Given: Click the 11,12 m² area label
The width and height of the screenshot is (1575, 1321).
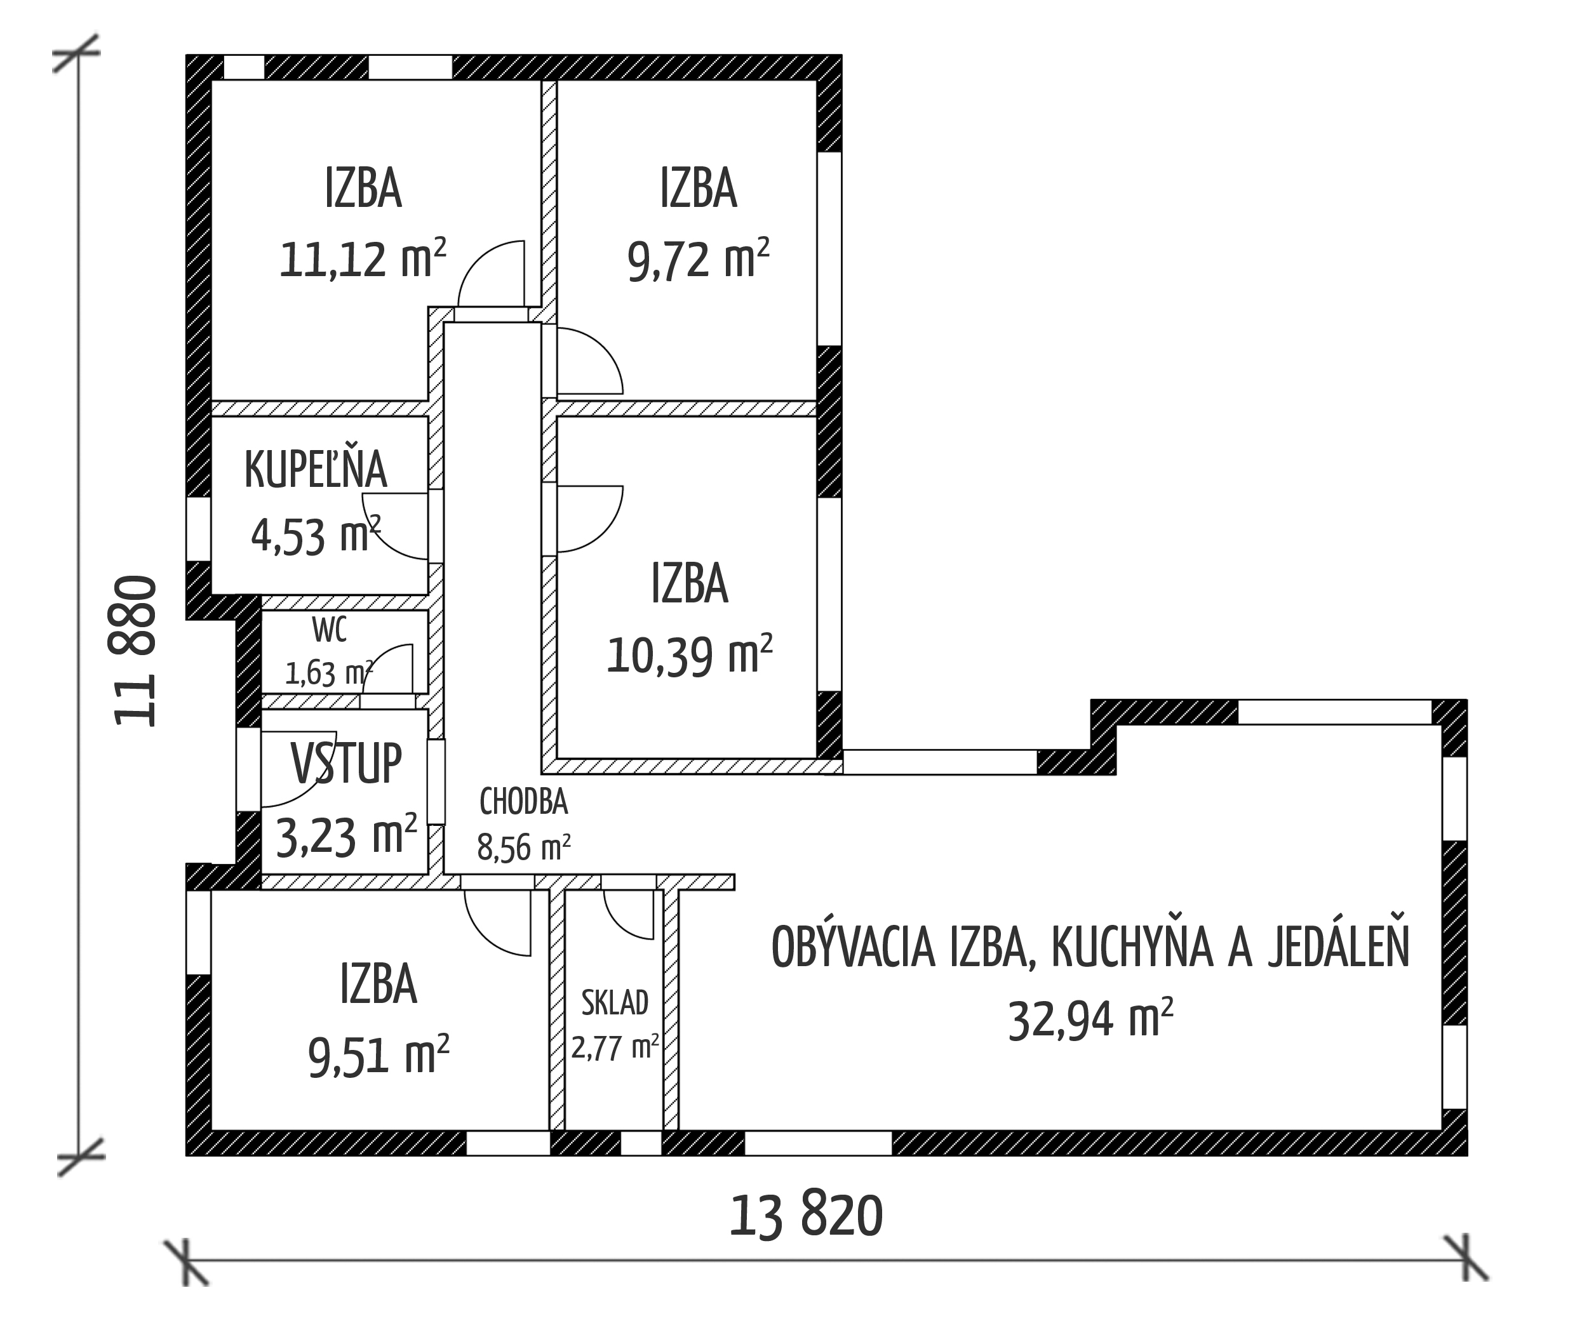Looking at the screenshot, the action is [x=363, y=258].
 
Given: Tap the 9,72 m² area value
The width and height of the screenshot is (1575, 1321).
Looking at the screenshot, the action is [x=698, y=258].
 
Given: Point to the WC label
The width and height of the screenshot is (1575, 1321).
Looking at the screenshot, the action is [x=329, y=630].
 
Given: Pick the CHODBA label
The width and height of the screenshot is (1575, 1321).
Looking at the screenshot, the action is [x=523, y=802].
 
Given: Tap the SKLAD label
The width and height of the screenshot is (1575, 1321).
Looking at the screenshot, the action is [x=615, y=1002].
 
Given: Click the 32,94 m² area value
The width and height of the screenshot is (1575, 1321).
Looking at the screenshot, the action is [x=1090, y=1019].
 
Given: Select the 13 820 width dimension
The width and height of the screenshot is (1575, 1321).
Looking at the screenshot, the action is [x=807, y=1216].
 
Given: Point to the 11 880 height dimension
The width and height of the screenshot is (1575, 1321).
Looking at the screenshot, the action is [x=136, y=651].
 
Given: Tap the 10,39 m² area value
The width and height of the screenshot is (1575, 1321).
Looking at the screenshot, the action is [x=689, y=654].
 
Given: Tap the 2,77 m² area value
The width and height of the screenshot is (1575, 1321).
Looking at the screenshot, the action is [x=615, y=1047].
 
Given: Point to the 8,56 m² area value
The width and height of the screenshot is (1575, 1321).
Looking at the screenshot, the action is [x=523, y=848].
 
